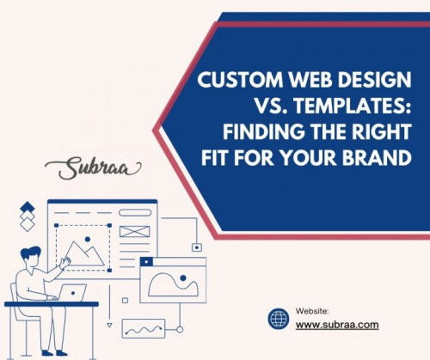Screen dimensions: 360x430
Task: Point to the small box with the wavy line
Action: (144, 329)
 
